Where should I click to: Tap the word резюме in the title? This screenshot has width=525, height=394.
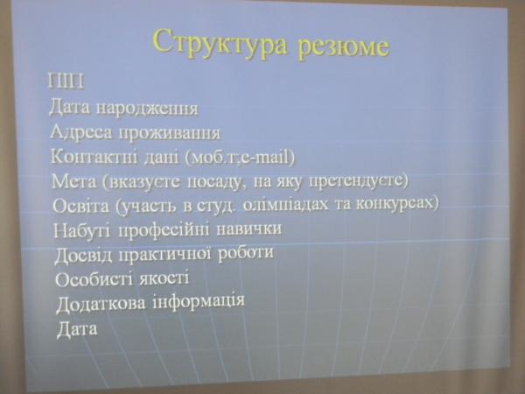click(x=344, y=47)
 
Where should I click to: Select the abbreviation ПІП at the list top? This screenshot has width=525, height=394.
click(x=66, y=81)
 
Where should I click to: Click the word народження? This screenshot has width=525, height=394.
click(x=147, y=109)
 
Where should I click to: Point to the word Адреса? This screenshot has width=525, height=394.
click(x=81, y=132)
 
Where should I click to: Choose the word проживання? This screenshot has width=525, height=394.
click(x=170, y=133)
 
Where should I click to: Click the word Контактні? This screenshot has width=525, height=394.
click(x=94, y=156)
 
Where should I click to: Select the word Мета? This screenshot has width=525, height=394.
click(x=74, y=181)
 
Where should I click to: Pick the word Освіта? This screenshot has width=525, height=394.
click(x=81, y=206)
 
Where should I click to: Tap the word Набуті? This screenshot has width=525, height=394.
click(x=81, y=230)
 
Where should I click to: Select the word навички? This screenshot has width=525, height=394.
click(x=248, y=229)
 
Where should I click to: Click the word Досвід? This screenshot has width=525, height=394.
click(x=83, y=255)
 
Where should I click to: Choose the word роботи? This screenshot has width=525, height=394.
click(x=245, y=252)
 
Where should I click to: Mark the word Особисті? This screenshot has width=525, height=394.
click(x=94, y=279)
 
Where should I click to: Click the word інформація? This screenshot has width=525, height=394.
click(x=199, y=301)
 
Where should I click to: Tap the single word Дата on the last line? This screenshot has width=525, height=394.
click(x=77, y=328)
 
